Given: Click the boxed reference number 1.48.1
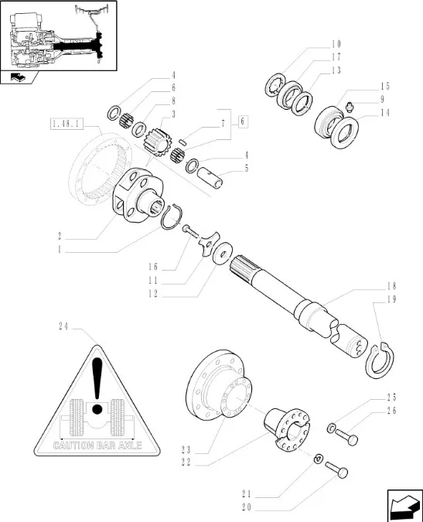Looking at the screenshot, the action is [x=67, y=124].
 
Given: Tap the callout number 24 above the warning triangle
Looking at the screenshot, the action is [x=63, y=326].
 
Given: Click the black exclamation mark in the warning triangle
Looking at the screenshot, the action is [x=97, y=386].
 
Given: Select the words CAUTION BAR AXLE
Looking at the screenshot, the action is [x=97, y=445].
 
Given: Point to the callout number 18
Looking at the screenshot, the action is [x=391, y=286].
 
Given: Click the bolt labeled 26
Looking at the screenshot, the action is [x=346, y=436].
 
